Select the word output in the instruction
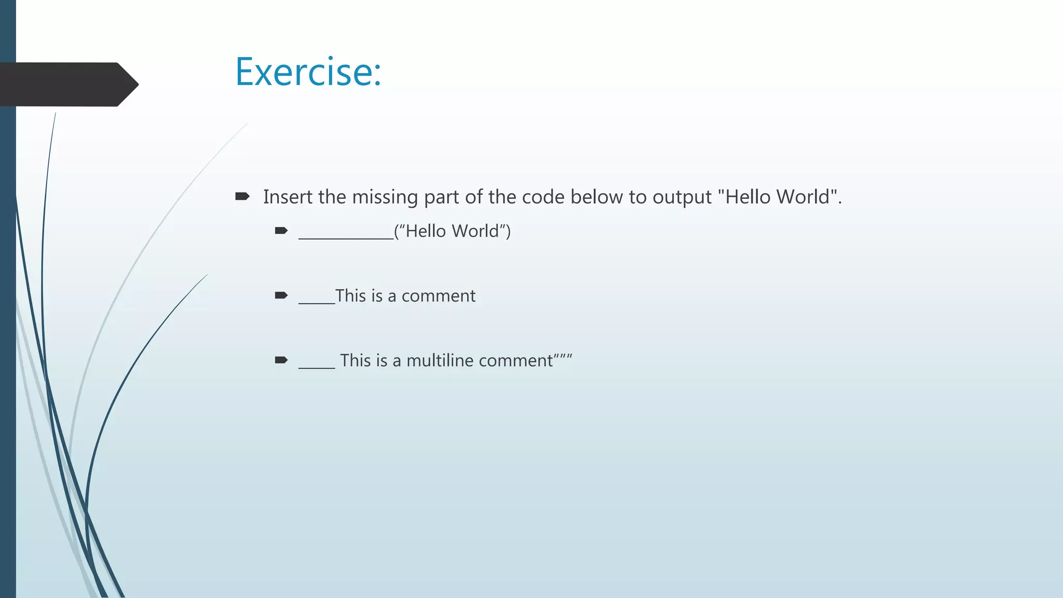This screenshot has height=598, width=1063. pos(682,197)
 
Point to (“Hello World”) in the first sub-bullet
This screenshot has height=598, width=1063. pos(452,231)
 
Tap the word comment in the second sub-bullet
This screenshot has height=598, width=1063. pos(438,296)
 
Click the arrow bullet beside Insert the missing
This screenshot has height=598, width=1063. pos(242,196)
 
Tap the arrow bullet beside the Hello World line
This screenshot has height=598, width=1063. pos(281,230)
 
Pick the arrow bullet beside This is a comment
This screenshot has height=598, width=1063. pos(281,295)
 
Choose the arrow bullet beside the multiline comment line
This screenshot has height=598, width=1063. pos(281,360)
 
